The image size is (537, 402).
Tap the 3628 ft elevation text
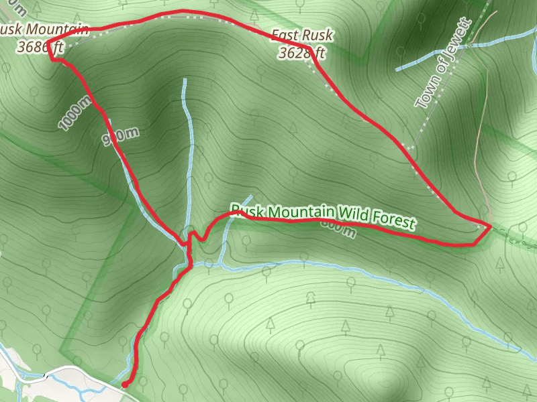click(x=302, y=52)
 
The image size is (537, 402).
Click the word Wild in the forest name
click(x=352, y=215)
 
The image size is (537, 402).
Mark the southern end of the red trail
click(x=124, y=385)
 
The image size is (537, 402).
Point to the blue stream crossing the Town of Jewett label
click(x=430, y=61)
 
